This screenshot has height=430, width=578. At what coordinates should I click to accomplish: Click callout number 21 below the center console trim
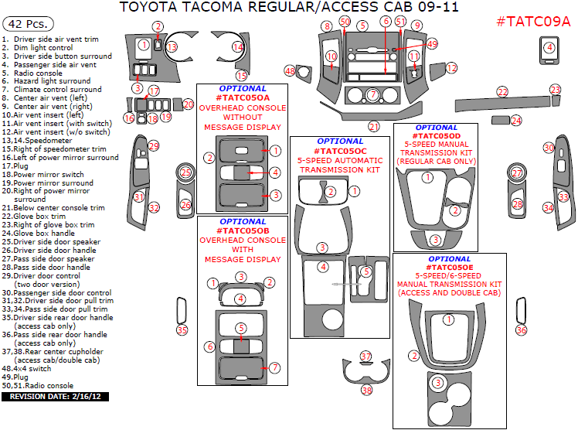374,126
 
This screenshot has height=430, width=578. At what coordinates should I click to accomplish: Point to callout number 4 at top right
549,48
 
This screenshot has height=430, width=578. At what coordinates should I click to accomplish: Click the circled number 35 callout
182,330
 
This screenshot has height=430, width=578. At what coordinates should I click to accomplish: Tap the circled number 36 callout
521,330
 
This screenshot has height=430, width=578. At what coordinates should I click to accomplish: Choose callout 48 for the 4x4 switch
291,71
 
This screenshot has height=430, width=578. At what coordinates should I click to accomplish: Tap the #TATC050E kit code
448,267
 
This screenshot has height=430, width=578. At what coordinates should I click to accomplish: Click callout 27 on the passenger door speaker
517,173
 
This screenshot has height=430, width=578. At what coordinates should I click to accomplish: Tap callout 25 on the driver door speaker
185,173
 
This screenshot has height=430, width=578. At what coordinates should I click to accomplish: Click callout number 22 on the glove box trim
503,93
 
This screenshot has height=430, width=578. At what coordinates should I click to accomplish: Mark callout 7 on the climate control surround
372,94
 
